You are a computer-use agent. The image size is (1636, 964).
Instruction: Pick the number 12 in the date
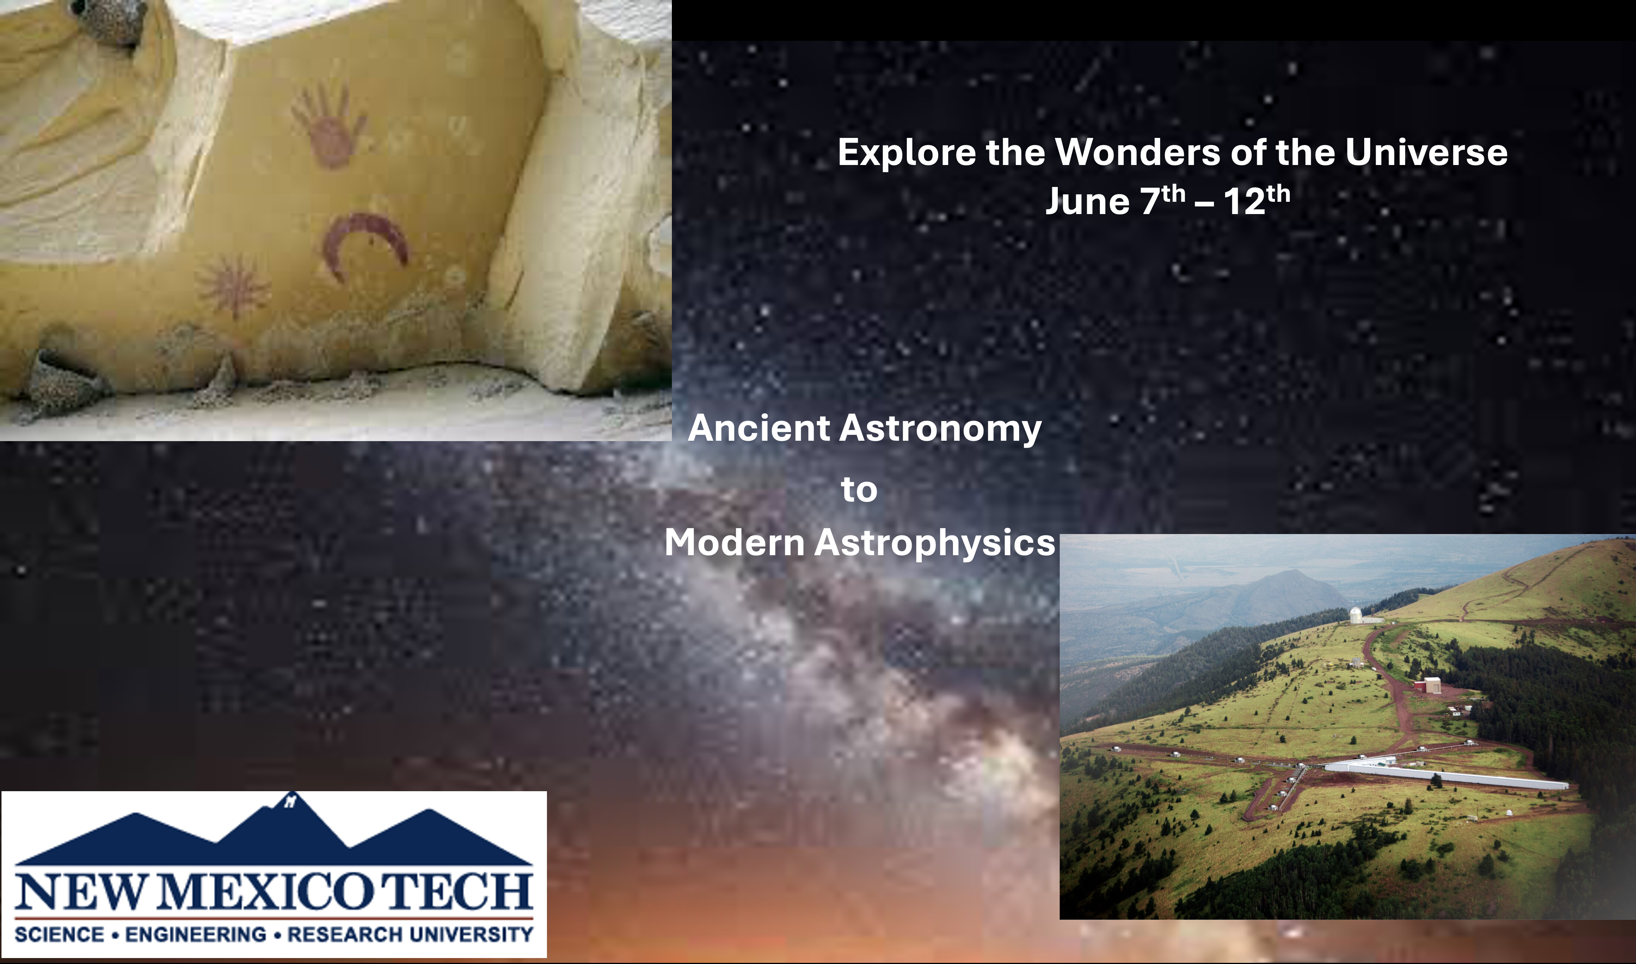click(x=1244, y=201)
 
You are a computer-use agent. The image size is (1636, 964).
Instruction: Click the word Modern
click(x=734, y=543)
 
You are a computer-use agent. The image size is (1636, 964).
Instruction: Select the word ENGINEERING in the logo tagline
click(x=196, y=934)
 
